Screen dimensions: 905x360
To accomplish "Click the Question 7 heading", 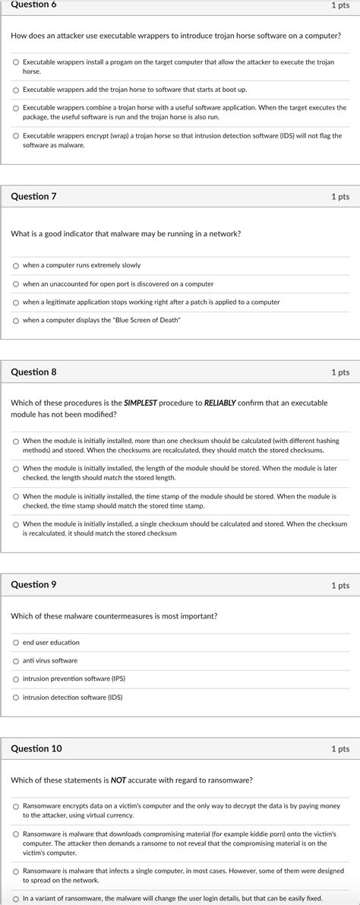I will pyautogui.click(x=33, y=196).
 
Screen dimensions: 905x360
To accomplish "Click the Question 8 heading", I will pyautogui.click(x=33, y=372).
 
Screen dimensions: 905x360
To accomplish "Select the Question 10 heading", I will pyautogui.click(x=36, y=748).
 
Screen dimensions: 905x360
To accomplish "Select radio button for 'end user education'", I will pyautogui.click(x=16, y=643).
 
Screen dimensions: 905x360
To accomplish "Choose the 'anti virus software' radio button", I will pyautogui.click(x=16, y=661).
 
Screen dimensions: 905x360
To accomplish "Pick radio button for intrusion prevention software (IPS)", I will pyautogui.click(x=16, y=679).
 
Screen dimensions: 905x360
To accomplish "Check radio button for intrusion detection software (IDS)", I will pyautogui.click(x=16, y=698).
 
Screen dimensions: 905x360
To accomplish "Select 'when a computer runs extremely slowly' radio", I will pyautogui.click(x=16, y=266).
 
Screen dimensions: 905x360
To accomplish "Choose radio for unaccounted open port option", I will pyautogui.click(x=16, y=284).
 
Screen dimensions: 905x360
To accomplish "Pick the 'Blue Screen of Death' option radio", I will pyautogui.click(x=16, y=321).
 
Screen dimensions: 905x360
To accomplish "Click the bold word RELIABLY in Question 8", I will pyautogui.click(x=220, y=402).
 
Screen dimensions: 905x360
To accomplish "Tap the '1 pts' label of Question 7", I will pyautogui.click(x=340, y=196).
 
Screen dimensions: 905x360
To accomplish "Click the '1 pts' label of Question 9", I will pyautogui.click(x=340, y=585).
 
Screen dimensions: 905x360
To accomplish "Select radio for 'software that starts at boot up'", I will pyautogui.click(x=16, y=90).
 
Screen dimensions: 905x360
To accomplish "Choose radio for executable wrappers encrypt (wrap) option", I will pyautogui.click(x=16, y=136).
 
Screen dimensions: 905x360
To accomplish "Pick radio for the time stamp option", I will pyautogui.click(x=16, y=496).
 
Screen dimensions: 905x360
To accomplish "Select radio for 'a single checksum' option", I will pyautogui.click(x=16, y=524).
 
